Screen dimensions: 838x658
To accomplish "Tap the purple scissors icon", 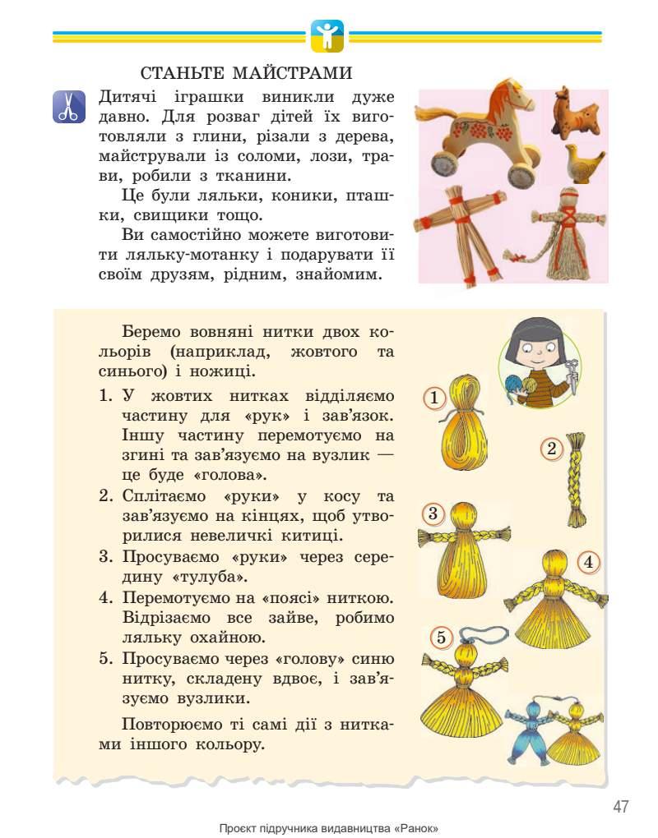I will click(69, 107).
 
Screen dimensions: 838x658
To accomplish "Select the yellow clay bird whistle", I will click(584, 162).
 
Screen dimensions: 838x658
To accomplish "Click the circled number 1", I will click(435, 399).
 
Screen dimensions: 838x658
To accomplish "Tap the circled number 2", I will click(552, 449).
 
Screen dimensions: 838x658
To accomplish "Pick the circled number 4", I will click(587, 563).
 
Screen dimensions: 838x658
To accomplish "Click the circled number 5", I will click(441, 637).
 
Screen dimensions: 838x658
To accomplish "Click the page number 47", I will click(620, 806).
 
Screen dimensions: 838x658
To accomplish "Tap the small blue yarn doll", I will click(526, 731).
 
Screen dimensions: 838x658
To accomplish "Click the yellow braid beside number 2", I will click(575, 480).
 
